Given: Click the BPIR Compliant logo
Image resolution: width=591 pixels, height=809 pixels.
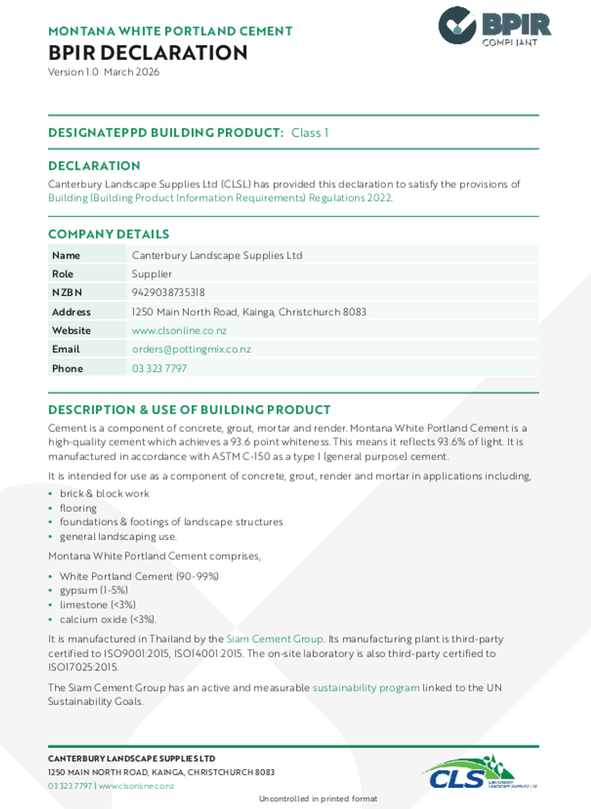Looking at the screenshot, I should (x=494, y=27).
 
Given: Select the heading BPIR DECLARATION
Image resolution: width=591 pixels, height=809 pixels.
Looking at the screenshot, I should (x=148, y=53).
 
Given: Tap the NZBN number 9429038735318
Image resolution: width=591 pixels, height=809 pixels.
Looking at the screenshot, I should (x=168, y=293).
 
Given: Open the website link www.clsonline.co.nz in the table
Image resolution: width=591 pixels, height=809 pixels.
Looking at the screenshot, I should (x=179, y=331).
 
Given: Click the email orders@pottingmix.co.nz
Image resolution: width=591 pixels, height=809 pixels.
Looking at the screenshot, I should (x=191, y=349).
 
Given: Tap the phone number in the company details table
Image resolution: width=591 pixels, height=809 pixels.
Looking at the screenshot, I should (x=159, y=369).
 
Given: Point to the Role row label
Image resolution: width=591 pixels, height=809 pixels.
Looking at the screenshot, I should (x=63, y=274).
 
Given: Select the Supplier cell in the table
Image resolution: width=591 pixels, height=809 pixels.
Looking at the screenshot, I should (x=152, y=274).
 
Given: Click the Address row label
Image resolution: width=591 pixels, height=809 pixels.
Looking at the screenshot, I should (x=71, y=312).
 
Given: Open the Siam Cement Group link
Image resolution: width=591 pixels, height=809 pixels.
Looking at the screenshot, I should (x=274, y=639).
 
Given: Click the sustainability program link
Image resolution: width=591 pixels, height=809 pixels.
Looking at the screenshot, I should (x=366, y=688).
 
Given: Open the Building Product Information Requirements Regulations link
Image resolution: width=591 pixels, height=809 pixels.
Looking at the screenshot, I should (x=220, y=198).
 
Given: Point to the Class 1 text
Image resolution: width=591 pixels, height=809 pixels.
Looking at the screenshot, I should (x=310, y=133).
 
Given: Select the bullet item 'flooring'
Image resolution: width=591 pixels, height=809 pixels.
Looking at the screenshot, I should (x=78, y=508).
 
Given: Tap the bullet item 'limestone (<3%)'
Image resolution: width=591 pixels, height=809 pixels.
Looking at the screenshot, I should (x=97, y=605).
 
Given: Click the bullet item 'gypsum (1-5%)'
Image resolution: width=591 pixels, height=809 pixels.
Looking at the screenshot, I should (x=94, y=591).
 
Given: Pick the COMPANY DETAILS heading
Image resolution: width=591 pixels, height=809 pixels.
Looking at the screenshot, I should (x=108, y=235).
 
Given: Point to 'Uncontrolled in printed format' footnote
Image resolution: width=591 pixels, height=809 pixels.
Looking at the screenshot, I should (x=318, y=799).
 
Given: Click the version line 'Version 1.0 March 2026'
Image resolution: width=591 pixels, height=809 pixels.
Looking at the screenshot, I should (x=104, y=72).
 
